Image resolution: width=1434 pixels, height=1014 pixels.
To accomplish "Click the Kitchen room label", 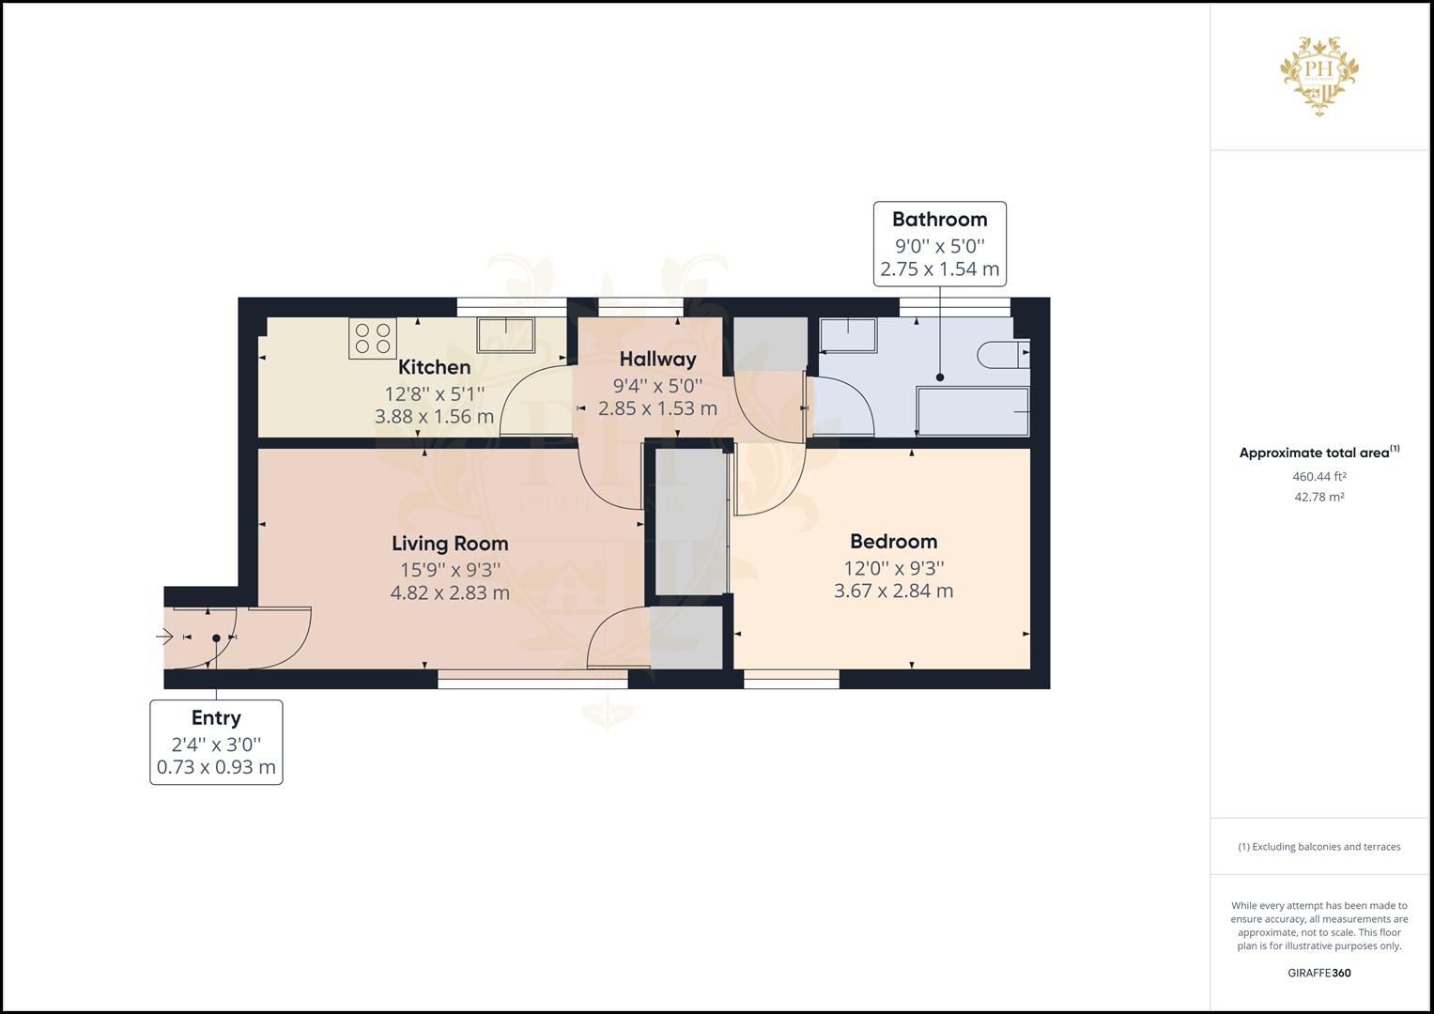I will point(434,367).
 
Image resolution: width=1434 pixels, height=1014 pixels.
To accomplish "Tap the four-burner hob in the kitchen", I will point(372,339).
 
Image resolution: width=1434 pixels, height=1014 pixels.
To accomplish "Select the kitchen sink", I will point(505,335).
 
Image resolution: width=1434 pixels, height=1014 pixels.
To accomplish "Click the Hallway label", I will point(657,359).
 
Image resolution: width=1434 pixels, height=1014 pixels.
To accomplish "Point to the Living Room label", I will point(450,543).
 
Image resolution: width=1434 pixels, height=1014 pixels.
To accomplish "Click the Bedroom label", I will point(893,541).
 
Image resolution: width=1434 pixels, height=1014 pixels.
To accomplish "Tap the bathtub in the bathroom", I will point(972,412).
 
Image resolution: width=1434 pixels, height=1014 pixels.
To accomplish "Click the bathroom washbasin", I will point(847,335).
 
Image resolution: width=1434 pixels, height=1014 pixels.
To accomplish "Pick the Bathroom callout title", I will point(939,219).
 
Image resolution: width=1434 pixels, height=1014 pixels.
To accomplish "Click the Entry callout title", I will point(216,717).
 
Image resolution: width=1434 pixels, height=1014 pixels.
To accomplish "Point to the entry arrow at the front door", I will point(164,638).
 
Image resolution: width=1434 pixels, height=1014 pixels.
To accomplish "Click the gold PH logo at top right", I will point(1319,75).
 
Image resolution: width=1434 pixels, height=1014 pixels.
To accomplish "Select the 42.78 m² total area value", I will point(1318,498).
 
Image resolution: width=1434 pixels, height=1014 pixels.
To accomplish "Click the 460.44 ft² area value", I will point(1318,477).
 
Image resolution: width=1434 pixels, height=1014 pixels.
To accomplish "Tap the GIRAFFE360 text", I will point(1318,973).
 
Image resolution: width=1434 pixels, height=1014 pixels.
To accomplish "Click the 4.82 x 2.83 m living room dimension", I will point(450,592).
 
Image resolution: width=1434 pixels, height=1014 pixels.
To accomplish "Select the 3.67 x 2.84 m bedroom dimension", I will point(893,591).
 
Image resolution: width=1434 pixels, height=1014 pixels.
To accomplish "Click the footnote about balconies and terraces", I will point(1318,847).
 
